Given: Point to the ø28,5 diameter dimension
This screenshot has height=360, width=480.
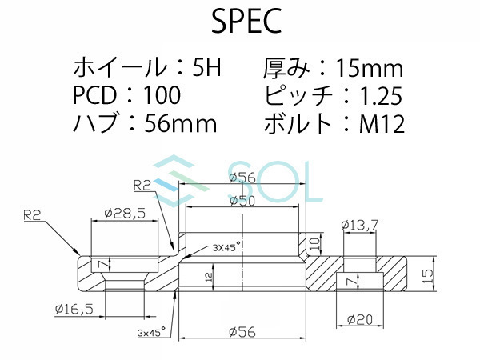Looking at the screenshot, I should pyautogui.click(x=124, y=214).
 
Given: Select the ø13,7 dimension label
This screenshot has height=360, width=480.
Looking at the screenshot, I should pyautogui.click(x=360, y=226).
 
